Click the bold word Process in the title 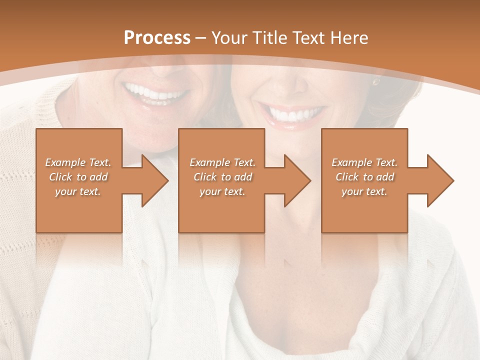[157, 37]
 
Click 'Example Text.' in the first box [78, 162]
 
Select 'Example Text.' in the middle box [222, 162]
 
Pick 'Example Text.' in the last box [364, 162]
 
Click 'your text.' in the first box [78, 191]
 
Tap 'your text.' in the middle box [222, 191]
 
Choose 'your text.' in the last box [364, 191]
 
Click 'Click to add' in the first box [78, 177]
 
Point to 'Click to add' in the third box [364, 177]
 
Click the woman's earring [375, 81]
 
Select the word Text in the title [309, 37]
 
